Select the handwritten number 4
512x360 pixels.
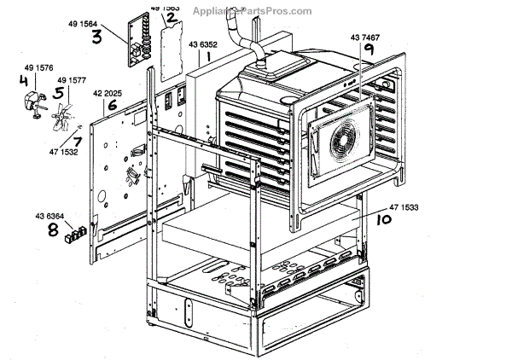24,83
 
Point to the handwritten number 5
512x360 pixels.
60,92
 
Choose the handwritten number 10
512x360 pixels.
383,218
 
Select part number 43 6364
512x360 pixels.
50,214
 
